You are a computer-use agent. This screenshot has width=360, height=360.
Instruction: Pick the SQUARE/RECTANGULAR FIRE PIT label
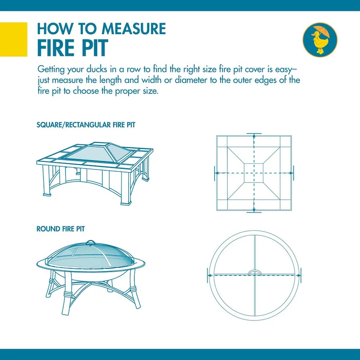85,125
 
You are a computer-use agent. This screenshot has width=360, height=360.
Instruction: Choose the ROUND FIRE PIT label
60,229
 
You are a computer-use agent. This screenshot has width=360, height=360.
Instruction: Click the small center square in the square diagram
254,173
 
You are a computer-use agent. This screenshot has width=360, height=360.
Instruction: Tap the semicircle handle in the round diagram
255,272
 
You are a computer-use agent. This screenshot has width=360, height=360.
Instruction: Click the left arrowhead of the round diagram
210,274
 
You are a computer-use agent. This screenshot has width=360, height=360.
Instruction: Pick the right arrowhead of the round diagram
299,274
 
